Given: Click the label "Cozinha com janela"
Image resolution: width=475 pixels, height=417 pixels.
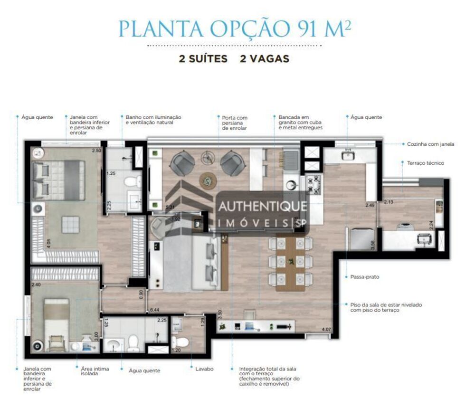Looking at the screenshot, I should pos(430,144).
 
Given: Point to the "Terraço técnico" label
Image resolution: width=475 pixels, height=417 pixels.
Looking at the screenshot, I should pos(426,163).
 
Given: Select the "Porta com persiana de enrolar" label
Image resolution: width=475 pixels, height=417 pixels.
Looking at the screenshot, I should pos(235,123).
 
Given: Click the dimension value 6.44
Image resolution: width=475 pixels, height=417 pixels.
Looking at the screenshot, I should pos(154,310).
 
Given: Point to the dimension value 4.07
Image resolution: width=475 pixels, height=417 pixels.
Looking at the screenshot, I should pos(326,330).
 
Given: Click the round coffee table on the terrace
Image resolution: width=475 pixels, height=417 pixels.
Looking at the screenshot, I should pos(208,180).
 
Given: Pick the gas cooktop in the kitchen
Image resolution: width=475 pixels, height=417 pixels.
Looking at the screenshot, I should pos(314,185).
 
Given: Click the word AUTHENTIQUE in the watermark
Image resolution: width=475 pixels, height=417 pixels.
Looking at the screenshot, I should pos(262,208).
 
